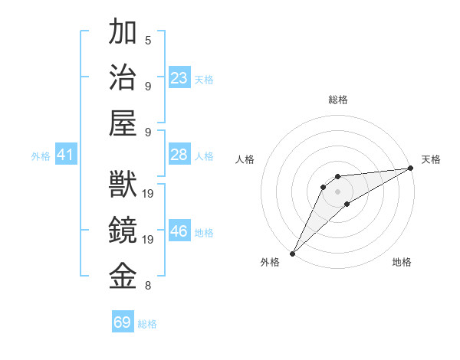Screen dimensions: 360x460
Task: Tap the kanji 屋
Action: click(123, 123)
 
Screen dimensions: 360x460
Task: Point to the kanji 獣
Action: click(123, 185)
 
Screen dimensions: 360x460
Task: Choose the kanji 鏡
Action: click(123, 231)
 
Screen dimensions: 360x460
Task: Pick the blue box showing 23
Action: click(179, 77)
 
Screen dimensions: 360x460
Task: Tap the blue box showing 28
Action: click(179, 155)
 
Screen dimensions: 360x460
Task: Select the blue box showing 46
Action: click(179, 231)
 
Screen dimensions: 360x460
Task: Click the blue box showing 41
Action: click(66, 155)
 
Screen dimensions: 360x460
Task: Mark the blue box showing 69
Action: click(123, 322)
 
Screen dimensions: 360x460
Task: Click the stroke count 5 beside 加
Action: click(148, 41)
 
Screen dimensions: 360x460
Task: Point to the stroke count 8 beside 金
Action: click(148, 286)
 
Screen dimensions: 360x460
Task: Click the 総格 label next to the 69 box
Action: click(147, 324)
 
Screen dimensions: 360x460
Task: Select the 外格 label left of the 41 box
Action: click(41, 156)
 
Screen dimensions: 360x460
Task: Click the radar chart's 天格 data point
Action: click(412, 169)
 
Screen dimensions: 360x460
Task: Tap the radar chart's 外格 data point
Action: click(292, 254)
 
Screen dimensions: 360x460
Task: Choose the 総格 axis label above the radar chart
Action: click(337, 100)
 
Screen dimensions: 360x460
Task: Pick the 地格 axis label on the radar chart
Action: click(402, 263)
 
